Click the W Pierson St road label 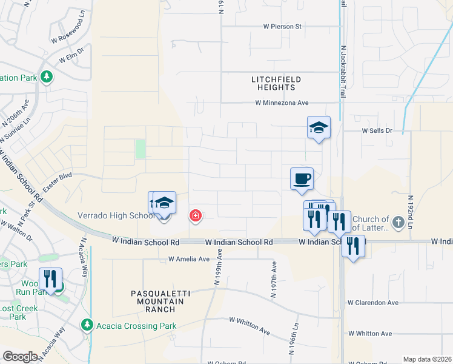click(x=282, y=27)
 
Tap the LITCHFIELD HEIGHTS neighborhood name click(x=276, y=84)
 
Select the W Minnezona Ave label click(x=282, y=103)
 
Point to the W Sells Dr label click(x=377, y=130)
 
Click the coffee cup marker click(x=302, y=179)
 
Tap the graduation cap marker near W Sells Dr click(x=319, y=127)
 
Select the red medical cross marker click(x=196, y=215)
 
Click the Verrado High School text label click(x=115, y=216)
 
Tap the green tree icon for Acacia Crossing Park click(x=88, y=326)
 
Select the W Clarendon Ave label click(x=372, y=303)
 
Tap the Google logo click(x=20, y=356)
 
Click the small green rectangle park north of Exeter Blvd click(x=141, y=149)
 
